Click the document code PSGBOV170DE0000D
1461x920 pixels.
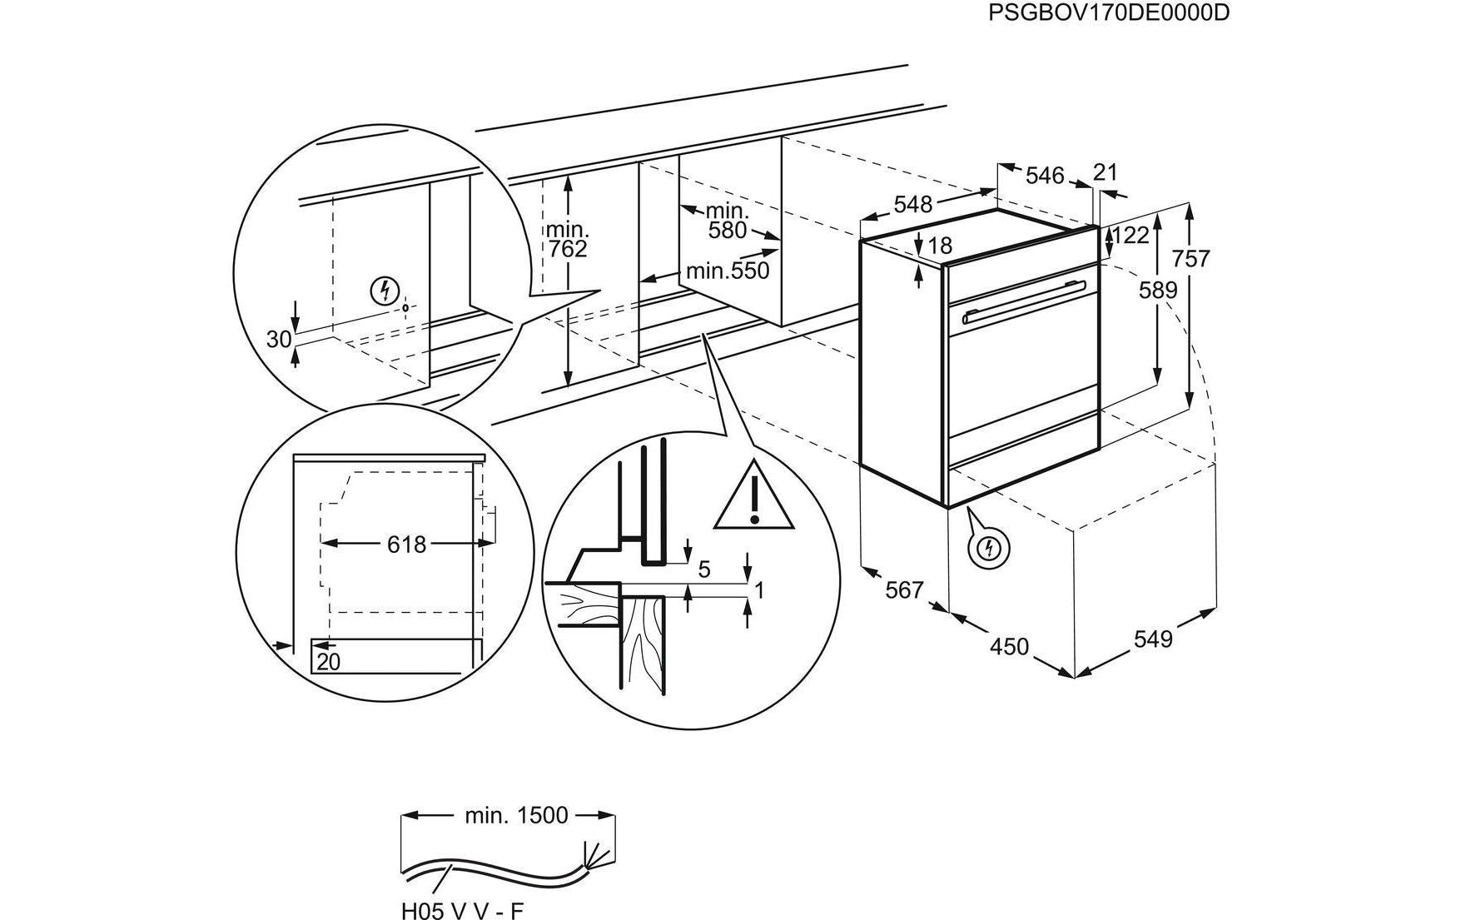point(1108,14)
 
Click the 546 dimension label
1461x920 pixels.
point(1044,176)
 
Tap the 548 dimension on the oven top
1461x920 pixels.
point(912,204)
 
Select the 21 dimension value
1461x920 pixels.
point(1105,172)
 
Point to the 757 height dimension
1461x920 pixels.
point(1190,259)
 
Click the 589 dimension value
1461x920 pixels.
point(1158,291)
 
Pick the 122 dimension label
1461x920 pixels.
point(1131,236)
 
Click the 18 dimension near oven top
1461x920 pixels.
point(939,246)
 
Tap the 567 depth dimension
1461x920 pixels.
point(905,589)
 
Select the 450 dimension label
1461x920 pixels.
point(1009,646)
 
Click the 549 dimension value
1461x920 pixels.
point(1153,639)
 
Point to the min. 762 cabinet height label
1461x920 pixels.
point(567,239)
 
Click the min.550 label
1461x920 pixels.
point(728,271)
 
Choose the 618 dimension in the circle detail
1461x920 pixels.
point(406,545)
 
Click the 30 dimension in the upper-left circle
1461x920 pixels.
point(279,339)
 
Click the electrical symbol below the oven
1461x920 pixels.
point(990,548)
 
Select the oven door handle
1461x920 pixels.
point(1024,302)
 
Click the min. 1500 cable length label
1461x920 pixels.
point(516,815)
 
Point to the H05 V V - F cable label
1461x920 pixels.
point(462,911)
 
